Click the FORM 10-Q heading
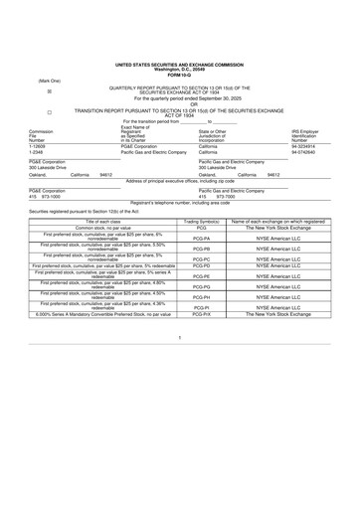pyautogui.click(x=180, y=76)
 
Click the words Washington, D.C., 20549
pyautogui.click(x=180, y=71)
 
